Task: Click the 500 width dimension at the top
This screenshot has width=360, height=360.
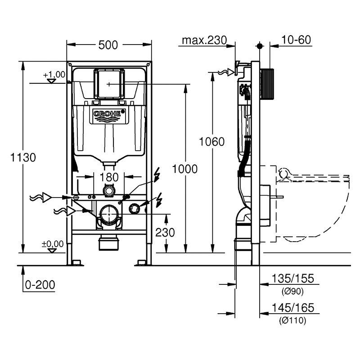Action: tap(108, 45)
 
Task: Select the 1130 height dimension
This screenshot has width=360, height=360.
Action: tap(23, 157)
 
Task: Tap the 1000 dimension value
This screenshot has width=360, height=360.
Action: tap(185, 169)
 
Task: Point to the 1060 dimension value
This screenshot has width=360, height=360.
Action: tap(211, 142)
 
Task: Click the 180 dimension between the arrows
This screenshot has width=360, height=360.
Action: tap(109, 177)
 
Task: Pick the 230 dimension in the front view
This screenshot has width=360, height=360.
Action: tap(165, 232)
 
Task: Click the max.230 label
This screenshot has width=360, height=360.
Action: tap(204, 40)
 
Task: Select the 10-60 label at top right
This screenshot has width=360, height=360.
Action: tap(296, 40)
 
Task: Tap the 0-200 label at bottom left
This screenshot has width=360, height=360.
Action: tap(40, 285)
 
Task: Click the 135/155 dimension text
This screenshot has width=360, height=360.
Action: tap(293, 279)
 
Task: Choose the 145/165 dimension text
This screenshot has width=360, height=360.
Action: tap(293, 308)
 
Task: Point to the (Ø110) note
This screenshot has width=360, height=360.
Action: tap(292, 320)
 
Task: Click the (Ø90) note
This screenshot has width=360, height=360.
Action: tap(292, 291)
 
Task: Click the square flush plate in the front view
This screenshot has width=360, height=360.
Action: tap(109, 84)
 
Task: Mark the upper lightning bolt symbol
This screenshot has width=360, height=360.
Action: tap(157, 175)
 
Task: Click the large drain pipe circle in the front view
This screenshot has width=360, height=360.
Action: tap(109, 215)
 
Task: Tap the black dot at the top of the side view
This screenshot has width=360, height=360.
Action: tap(260, 46)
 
